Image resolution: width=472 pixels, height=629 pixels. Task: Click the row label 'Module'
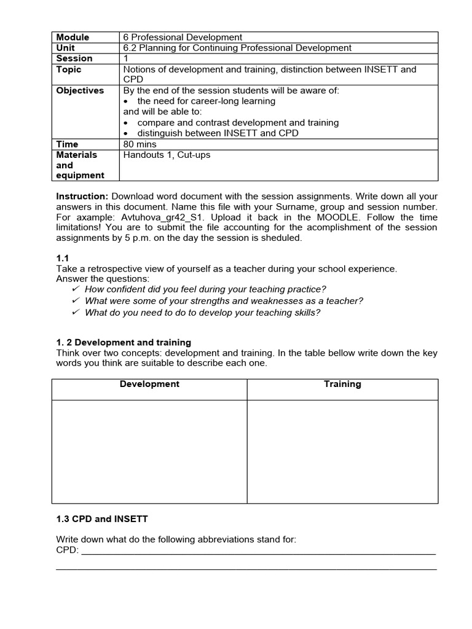pos(73,37)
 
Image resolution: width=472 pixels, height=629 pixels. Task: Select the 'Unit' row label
pos(66,48)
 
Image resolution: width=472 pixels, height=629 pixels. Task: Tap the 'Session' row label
pos(74,58)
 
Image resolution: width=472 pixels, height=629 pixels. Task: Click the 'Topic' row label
pos(69,69)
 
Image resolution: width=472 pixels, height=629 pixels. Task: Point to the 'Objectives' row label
pos(80,90)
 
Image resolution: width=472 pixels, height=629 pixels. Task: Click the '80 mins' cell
pos(140,144)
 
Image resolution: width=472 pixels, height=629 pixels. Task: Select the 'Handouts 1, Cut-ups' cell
pos(167,155)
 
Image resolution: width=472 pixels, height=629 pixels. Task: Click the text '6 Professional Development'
pos(183,37)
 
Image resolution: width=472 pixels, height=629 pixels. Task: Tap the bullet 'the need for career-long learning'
pos(206,101)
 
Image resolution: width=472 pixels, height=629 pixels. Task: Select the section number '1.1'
pos(63,259)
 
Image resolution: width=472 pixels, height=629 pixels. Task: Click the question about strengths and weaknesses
pos(224,300)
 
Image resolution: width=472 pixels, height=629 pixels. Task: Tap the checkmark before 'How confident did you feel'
pos(76,289)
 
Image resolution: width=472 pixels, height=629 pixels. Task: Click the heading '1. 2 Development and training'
pos(124,342)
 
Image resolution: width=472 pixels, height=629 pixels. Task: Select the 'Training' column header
pos(342,384)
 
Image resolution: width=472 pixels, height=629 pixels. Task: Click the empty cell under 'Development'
pos(149,451)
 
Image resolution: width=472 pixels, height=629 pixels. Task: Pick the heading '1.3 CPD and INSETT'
pos(102,518)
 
